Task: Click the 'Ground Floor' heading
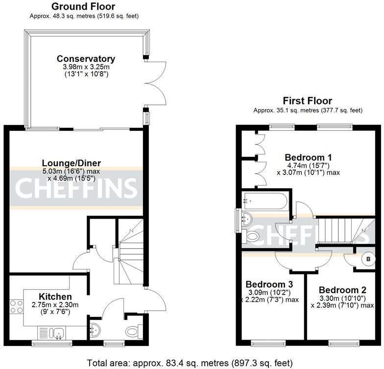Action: (x=83, y=6)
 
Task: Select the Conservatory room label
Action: (x=86, y=59)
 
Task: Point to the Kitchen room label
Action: (x=55, y=296)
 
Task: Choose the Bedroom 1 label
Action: (x=309, y=157)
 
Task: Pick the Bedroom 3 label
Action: (x=269, y=284)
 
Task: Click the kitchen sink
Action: (x=58, y=333)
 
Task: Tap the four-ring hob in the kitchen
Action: (x=17, y=306)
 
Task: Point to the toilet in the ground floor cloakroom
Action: (x=133, y=332)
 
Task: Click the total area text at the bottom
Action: (x=191, y=363)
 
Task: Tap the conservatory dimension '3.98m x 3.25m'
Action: (x=86, y=67)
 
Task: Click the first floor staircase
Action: (x=343, y=230)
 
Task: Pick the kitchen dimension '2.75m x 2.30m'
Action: (x=55, y=305)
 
